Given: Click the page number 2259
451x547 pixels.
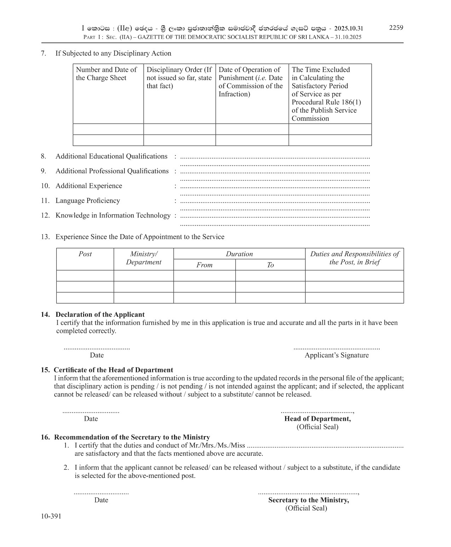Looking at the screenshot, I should click(396, 28).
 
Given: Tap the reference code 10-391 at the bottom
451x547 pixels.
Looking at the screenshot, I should click(51, 516).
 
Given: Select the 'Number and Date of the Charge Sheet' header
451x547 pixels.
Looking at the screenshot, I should click(106, 74).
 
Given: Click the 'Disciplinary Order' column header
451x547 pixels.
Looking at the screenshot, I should click(179, 78).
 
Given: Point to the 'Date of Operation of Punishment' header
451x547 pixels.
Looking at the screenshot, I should click(250, 81).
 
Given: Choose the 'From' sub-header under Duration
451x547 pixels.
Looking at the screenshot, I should click(204, 265).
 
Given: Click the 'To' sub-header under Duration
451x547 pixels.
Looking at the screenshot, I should click(270, 265).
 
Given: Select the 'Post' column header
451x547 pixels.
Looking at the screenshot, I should click(85, 254).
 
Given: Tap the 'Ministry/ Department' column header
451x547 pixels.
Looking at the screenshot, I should click(144, 258).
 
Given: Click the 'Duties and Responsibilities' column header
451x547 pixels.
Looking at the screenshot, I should click(354, 258).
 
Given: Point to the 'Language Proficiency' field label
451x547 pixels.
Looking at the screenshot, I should click(88, 201).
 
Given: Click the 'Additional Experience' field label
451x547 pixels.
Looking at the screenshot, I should click(89, 186).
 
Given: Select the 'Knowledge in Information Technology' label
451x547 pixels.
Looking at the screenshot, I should click(113, 215).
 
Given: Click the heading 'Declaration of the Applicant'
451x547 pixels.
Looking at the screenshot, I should click(100, 315).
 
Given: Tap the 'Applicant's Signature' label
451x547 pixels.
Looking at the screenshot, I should click(336, 355).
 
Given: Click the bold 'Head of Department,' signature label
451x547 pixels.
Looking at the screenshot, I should click(318, 419).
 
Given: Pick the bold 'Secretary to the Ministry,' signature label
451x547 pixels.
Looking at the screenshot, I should click(308, 500).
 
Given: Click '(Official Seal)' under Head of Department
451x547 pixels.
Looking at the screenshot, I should click(317, 427).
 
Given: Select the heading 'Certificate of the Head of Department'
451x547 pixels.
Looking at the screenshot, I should click(113, 370).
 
